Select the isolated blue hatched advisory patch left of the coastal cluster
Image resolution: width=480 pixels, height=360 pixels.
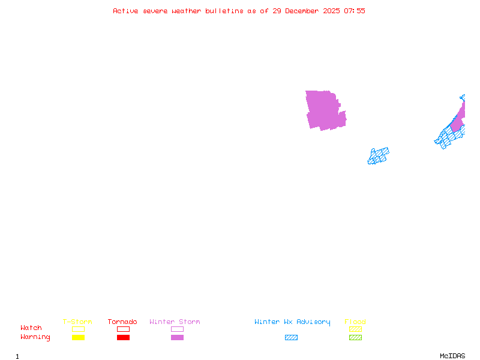[378, 156]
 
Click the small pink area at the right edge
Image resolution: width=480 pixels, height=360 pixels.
[459, 120]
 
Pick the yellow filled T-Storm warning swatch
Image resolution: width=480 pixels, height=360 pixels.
[78, 338]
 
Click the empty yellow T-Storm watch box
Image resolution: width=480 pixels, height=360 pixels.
[78, 329]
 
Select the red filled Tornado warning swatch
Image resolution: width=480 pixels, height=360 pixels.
[123, 338]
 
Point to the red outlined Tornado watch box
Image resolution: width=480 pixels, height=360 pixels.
[123, 329]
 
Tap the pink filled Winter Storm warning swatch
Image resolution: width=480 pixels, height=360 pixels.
[177, 338]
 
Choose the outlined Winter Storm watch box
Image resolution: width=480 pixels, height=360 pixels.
[177, 329]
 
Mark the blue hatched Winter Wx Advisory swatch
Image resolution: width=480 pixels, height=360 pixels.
[291, 338]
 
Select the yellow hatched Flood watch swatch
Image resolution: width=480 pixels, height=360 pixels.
[355, 329]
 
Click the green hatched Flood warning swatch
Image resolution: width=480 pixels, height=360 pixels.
[355, 338]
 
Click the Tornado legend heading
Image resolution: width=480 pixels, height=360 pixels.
[122, 322]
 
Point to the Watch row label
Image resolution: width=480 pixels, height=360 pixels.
[31, 328]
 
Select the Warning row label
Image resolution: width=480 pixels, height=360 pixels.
[35, 337]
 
